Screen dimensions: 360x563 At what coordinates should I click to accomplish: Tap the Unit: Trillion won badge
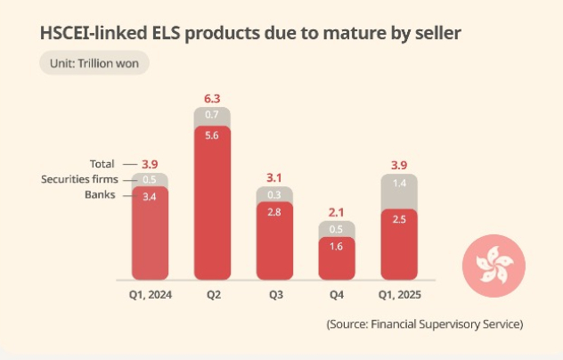(94, 64)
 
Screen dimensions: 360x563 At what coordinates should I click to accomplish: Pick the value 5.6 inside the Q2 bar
(212, 135)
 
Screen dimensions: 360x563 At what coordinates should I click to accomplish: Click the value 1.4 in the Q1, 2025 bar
(399, 184)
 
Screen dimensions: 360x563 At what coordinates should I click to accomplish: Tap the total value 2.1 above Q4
(336, 211)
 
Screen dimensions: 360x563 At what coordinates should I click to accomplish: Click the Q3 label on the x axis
(274, 293)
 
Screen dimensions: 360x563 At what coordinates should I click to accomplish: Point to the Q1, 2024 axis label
(150, 293)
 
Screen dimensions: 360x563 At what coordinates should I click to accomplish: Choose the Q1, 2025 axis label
(399, 293)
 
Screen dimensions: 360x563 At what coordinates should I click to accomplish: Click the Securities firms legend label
(78, 179)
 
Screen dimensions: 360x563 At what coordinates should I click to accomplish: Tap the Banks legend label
(100, 194)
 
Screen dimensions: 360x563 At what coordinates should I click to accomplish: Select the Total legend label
(102, 164)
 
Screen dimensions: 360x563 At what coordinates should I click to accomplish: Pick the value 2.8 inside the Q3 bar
(274, 211)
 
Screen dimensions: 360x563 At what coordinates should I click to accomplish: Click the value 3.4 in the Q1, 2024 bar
(150, 195)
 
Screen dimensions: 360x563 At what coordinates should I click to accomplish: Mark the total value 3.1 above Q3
(274, 177)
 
